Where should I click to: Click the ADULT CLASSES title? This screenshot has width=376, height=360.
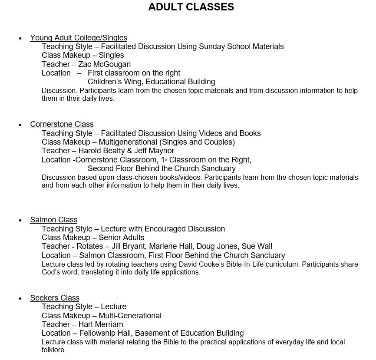coord(191,7)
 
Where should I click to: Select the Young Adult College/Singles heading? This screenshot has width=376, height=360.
coord(79,38)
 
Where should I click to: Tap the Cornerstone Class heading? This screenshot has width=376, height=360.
coord(62,124)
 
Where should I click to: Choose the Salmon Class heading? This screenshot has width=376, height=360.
coord(53,220)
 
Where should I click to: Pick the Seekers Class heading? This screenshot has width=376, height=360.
coord(55,298)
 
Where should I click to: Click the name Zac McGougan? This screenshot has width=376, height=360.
coord(104,64)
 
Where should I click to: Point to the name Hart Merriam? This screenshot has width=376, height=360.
coord(101,324)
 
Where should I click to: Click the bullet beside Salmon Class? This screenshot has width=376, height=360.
coord(20,221)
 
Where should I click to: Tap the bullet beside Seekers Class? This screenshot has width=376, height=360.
coord(20,299)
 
